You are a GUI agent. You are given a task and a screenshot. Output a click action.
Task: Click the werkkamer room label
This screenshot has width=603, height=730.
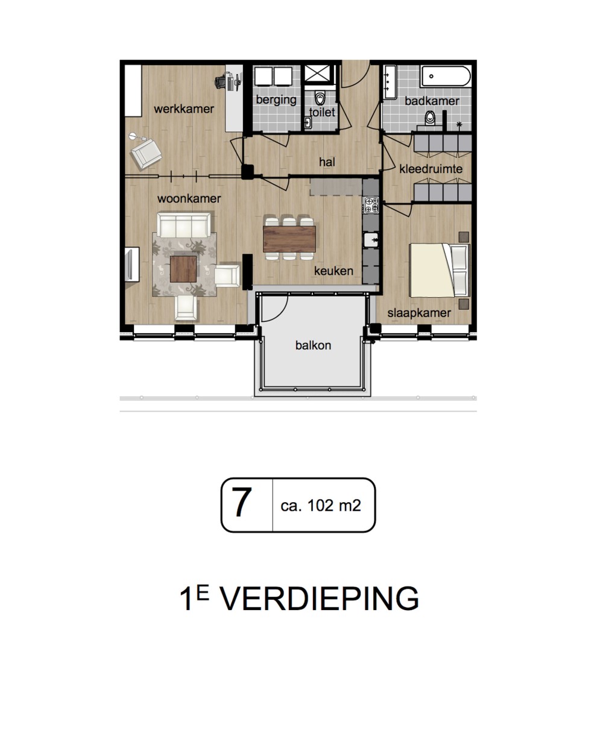[184, 109]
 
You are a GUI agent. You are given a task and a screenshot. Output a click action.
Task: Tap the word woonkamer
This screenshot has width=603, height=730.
[189, 198]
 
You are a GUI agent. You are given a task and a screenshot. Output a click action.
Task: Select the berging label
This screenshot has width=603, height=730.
[276, 100]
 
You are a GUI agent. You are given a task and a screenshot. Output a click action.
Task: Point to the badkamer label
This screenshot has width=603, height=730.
[432, 101]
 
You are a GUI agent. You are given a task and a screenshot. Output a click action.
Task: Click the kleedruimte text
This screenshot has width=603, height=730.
[431, 169]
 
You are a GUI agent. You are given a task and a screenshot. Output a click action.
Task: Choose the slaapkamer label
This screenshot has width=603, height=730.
[419, 313]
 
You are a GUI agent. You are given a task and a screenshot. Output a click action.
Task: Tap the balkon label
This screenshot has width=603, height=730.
[313, 345]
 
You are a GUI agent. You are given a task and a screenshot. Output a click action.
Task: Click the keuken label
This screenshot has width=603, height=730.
[333, 271]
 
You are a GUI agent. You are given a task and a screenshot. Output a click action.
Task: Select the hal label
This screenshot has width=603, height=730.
[327, 162]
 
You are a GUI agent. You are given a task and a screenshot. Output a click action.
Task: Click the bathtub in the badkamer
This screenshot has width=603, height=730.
[446, 76]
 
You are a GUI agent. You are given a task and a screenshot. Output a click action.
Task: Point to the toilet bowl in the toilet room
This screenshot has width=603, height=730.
[320, 98]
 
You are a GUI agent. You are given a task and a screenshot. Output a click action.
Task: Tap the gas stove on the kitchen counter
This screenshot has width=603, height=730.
[371, 205]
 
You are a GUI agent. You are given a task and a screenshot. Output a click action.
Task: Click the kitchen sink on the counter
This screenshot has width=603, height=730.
[371, 240]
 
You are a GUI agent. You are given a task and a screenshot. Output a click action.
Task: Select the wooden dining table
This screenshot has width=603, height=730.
[289, 239]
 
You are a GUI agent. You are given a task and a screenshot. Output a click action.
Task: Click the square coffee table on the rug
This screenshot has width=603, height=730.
[183, 269]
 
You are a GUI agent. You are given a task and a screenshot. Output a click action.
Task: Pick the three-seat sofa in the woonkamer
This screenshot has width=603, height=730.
[184, 224]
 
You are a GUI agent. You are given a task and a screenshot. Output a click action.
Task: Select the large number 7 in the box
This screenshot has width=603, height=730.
[242, 503]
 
